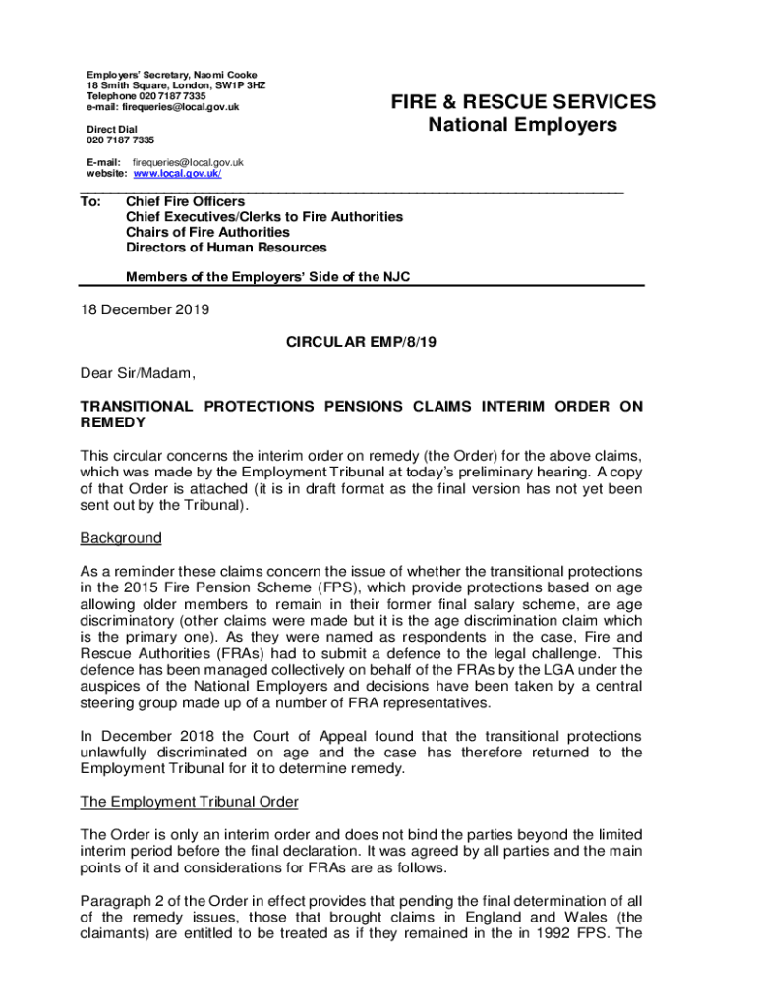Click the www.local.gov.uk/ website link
(x=177, y=174)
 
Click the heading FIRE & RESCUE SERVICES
(x=522, y=102)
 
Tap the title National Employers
(x=522, y=125)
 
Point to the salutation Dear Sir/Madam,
(x=138, y=373)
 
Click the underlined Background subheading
(x=121, y=538)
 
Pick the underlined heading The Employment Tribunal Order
(x=189, y=801)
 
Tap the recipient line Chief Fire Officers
(x=186, y=201)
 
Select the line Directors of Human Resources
(x=226, y=248)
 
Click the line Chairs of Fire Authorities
(x=207, y=232)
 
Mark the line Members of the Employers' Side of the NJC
(x=267, y=277)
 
